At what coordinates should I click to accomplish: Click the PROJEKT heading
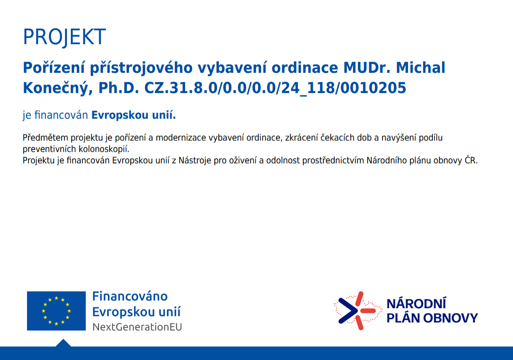point(64,37)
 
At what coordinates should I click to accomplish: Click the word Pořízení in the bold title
point(54,68)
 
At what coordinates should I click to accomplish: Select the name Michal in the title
point(421,68)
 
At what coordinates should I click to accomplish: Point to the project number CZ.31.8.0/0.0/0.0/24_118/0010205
point(275,89)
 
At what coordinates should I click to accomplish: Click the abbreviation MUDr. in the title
point(367,68)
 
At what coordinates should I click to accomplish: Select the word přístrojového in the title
point(141,68)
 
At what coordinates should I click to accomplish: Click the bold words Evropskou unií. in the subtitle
point(134,115)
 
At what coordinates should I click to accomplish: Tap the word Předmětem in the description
point(46,137)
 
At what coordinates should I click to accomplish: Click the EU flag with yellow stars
point(56,311)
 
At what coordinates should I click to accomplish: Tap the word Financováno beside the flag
point(130,296)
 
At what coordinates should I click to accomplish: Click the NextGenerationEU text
point(137,327)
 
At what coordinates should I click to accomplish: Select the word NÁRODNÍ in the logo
point(416,304)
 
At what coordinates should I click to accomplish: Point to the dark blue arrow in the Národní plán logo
point(348,311)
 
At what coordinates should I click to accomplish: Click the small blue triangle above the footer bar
point(63,343)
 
